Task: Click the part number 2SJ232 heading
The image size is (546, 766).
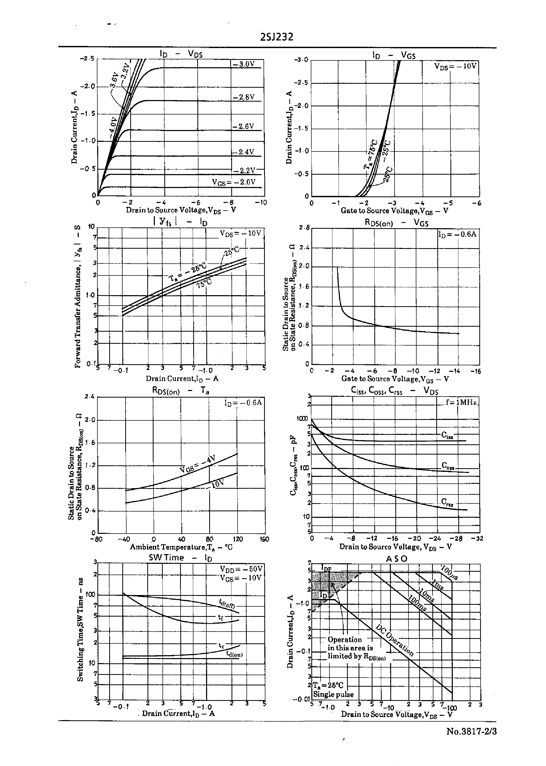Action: (276, 37)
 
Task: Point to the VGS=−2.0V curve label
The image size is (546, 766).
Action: (234, 182)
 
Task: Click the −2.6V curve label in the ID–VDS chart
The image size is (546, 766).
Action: (243, 126)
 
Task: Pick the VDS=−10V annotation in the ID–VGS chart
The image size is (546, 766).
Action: (455, 66)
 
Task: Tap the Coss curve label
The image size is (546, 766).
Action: (448, 466)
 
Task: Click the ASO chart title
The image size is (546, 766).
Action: (396, 559)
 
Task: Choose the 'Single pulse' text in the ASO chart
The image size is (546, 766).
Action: (333, 694)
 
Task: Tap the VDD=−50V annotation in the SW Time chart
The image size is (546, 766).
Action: (241, 569)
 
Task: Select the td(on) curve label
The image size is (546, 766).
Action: (234, 655)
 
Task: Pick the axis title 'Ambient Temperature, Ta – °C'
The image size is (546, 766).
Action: (181, 547)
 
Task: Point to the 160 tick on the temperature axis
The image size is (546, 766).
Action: (264, 539)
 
